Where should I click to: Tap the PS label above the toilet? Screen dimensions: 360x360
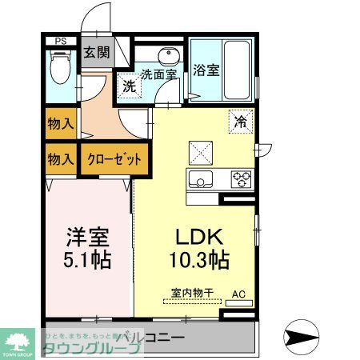tap(61, 42)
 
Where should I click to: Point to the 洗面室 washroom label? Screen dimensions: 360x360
tap(158, 74)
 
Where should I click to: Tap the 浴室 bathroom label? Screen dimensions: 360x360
tap(206, 70)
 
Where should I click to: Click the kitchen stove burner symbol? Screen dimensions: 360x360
tap(242, 178)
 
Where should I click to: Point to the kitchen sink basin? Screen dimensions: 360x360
tap(200, 178)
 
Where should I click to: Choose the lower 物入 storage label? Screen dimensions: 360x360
tap(61, 159)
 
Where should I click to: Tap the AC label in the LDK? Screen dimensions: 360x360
tap(238, 294)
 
